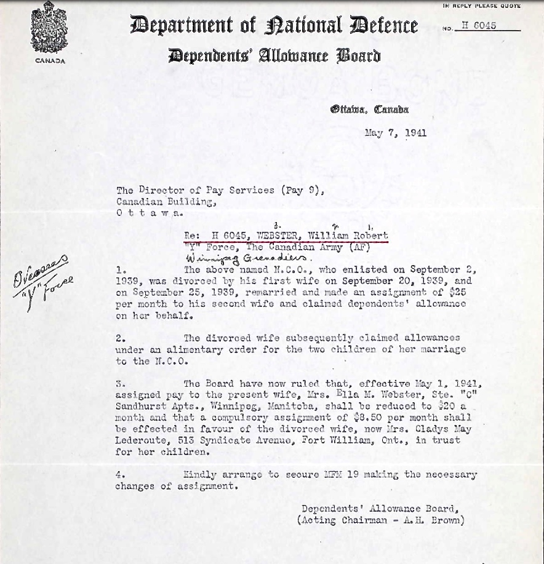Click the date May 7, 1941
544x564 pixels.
395,133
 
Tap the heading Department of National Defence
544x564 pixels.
274,26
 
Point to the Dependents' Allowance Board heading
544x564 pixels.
274,56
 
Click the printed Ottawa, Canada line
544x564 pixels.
369,110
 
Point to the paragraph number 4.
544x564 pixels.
120,475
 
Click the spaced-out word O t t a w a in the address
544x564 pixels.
149,212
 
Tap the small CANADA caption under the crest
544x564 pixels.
49,61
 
